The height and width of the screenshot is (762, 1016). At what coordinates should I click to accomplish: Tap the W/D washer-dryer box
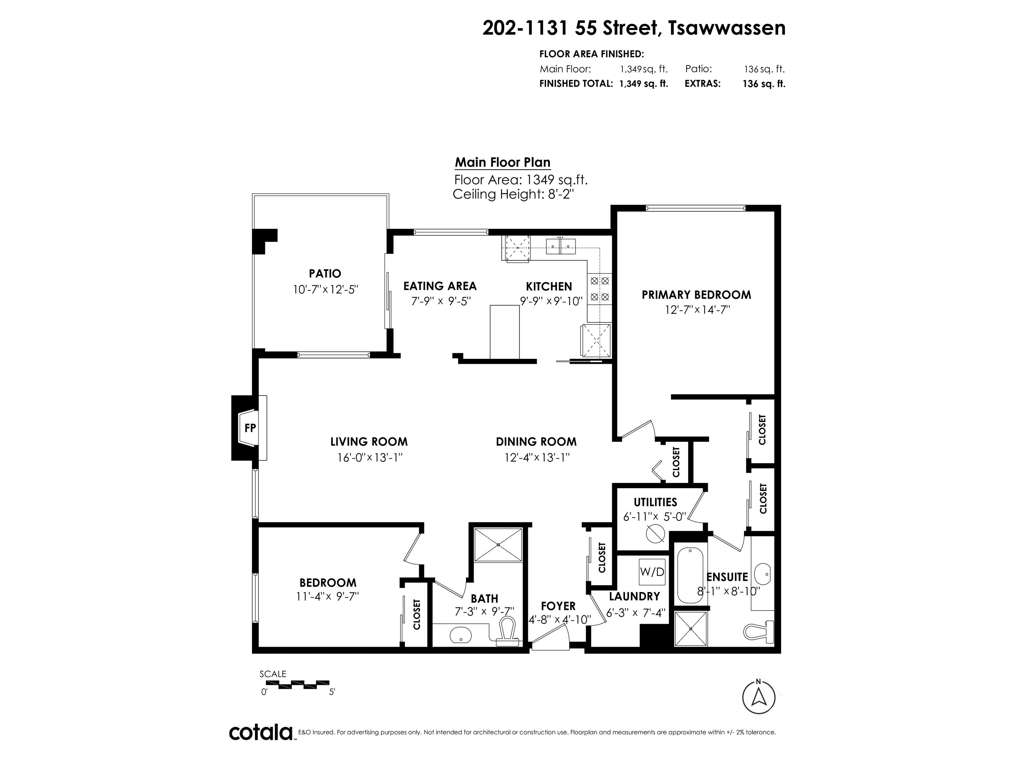pyautogui.click(x=652, y=572)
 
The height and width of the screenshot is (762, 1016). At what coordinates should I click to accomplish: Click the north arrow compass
pyautogui.click(x=758, y=697)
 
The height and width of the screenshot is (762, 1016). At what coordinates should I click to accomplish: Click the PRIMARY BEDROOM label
pyautogui.click(x=696, y=295)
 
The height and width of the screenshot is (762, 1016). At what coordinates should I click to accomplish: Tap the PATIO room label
pyautogui.click(x=325, y=274)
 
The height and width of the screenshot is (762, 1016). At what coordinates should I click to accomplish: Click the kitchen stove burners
pyautogui.click(x=599, y=288)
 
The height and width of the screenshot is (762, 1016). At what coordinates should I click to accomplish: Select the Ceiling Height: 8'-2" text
pyautogui.click(x=514, y=194)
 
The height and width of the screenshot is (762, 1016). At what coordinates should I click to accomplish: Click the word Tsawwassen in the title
pyautogui.click(x=727, y=28)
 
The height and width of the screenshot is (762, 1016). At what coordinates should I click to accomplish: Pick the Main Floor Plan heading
pyautogui.click(x=502, y=163)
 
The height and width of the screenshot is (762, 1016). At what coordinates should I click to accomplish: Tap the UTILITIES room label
pyautogui.click(x=656, y=502)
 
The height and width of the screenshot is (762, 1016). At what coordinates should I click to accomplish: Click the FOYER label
pyautogui.click(x=558, y=606)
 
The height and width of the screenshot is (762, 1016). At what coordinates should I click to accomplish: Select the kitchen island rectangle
pyautogui.click(x=505, y=332)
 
